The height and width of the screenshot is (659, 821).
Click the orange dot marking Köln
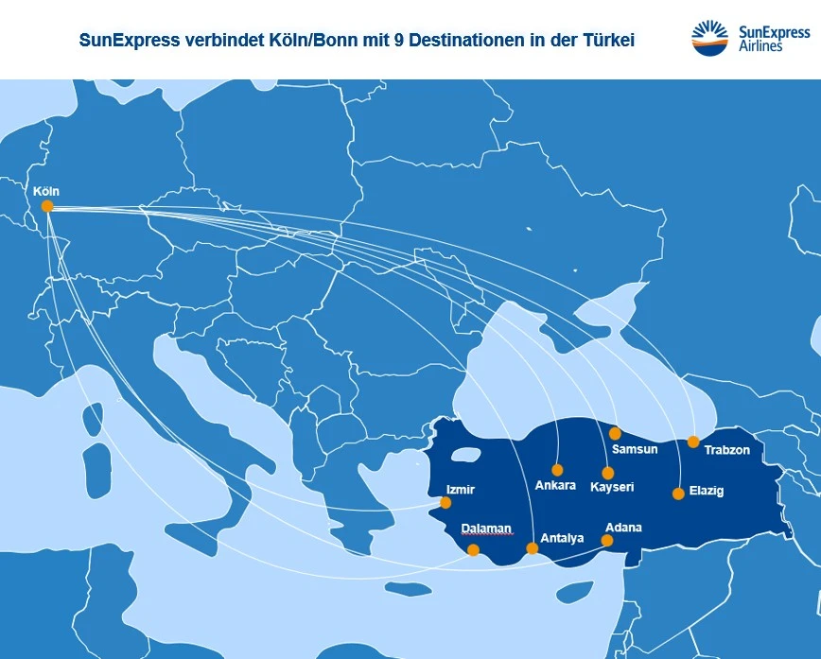pyautogui.click(x=47, y=206)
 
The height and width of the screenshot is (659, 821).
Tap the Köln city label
pyautogui.click(x=46, y=191)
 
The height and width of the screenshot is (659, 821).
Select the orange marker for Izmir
pyautogui.click(x=446, y=503)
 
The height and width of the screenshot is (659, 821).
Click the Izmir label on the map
pyautogui.click(x=460, y=490)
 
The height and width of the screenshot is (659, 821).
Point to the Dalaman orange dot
pyautogui.click(x=473, y=549)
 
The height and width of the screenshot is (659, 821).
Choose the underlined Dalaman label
pyautogui.click(x=486, y=529)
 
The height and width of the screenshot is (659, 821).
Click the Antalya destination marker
pyautogui.click(x=533, y=548)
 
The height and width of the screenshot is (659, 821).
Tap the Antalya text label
pyautogui.click(x=562, y=539)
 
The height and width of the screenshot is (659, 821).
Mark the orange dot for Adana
pyautogui.click(x=607, y=541)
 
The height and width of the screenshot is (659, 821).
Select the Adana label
pyautogui.click(x=624, y=527)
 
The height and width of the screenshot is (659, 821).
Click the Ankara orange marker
pyautogui.click(x=557, y=470)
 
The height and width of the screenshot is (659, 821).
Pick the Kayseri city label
pyautogui.click(x=612, y=487)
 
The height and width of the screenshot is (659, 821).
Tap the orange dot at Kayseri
pyautogui.click(x=607, y=473)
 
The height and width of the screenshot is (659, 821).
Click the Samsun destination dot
pyautogui.click(x=615, y=433)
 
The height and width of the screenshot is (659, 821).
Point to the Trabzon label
pyautogui.click(x=726, y=450)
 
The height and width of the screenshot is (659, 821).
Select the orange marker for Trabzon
pyautogui.click(x=693, y=442)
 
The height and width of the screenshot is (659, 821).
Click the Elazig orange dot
pyautogui.click(x=678, y=494)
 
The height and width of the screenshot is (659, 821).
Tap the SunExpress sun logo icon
pyautogui.click(x=709, y=39)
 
